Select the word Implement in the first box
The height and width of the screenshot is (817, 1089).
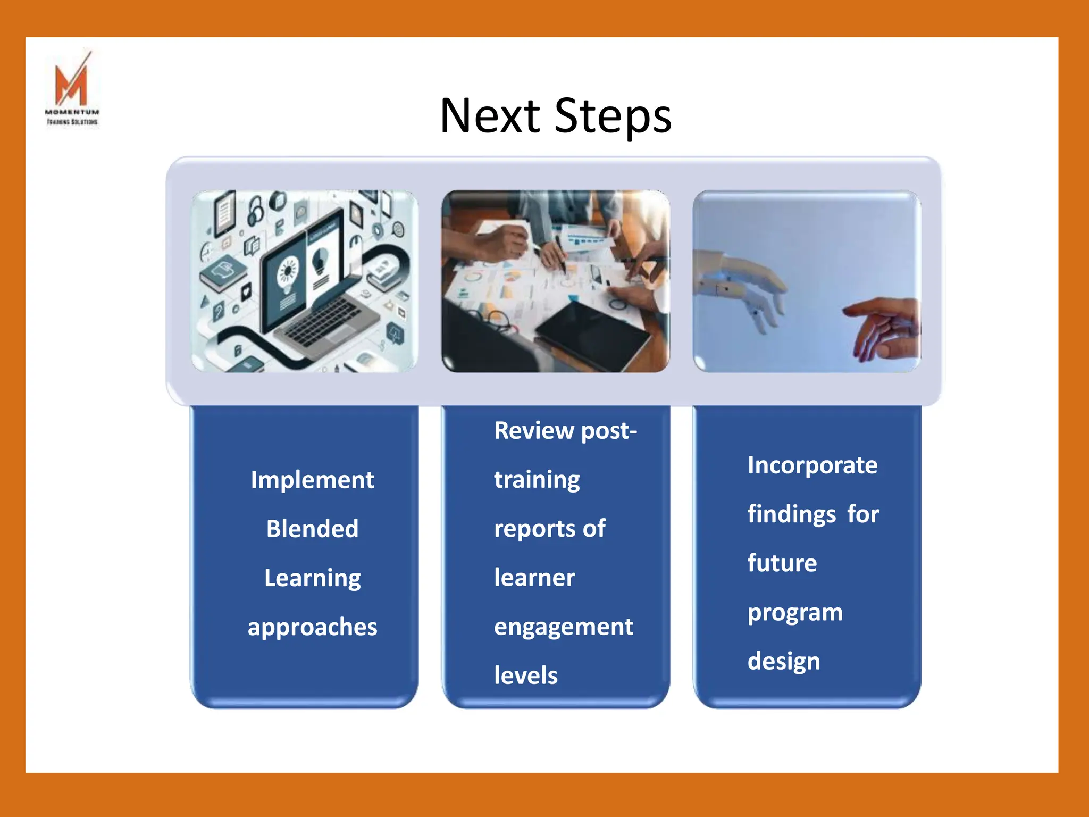(312, 480)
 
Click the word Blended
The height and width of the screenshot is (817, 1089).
(312, 529)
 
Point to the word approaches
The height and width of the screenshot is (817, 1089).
(312, 627)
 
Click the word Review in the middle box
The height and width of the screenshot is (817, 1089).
(534, 430)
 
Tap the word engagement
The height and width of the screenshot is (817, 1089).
(563, 627)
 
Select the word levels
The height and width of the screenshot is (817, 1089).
(525, 676)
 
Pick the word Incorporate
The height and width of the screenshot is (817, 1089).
(812, 465)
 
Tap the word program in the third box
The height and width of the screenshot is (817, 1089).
(795, 613)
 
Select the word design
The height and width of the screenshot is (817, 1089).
(783, 662)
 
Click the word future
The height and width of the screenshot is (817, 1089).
(782, 563)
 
